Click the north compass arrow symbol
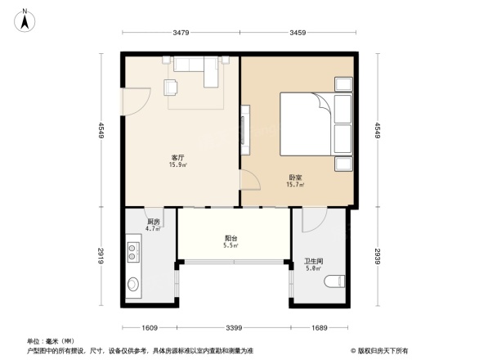click(26, 20)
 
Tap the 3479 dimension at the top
click(181, 33)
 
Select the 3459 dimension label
click(298, 33)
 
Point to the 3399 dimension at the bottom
click(232, 327)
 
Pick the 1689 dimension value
click(319, 327)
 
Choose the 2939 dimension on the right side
click(377, 257)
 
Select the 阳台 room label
click(231, 241)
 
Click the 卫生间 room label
click(312, 263)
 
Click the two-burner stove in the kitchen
click(135, 250)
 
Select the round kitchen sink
click(134, 285)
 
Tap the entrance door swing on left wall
click(134, 100)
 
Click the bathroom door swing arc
click(313, 219)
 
